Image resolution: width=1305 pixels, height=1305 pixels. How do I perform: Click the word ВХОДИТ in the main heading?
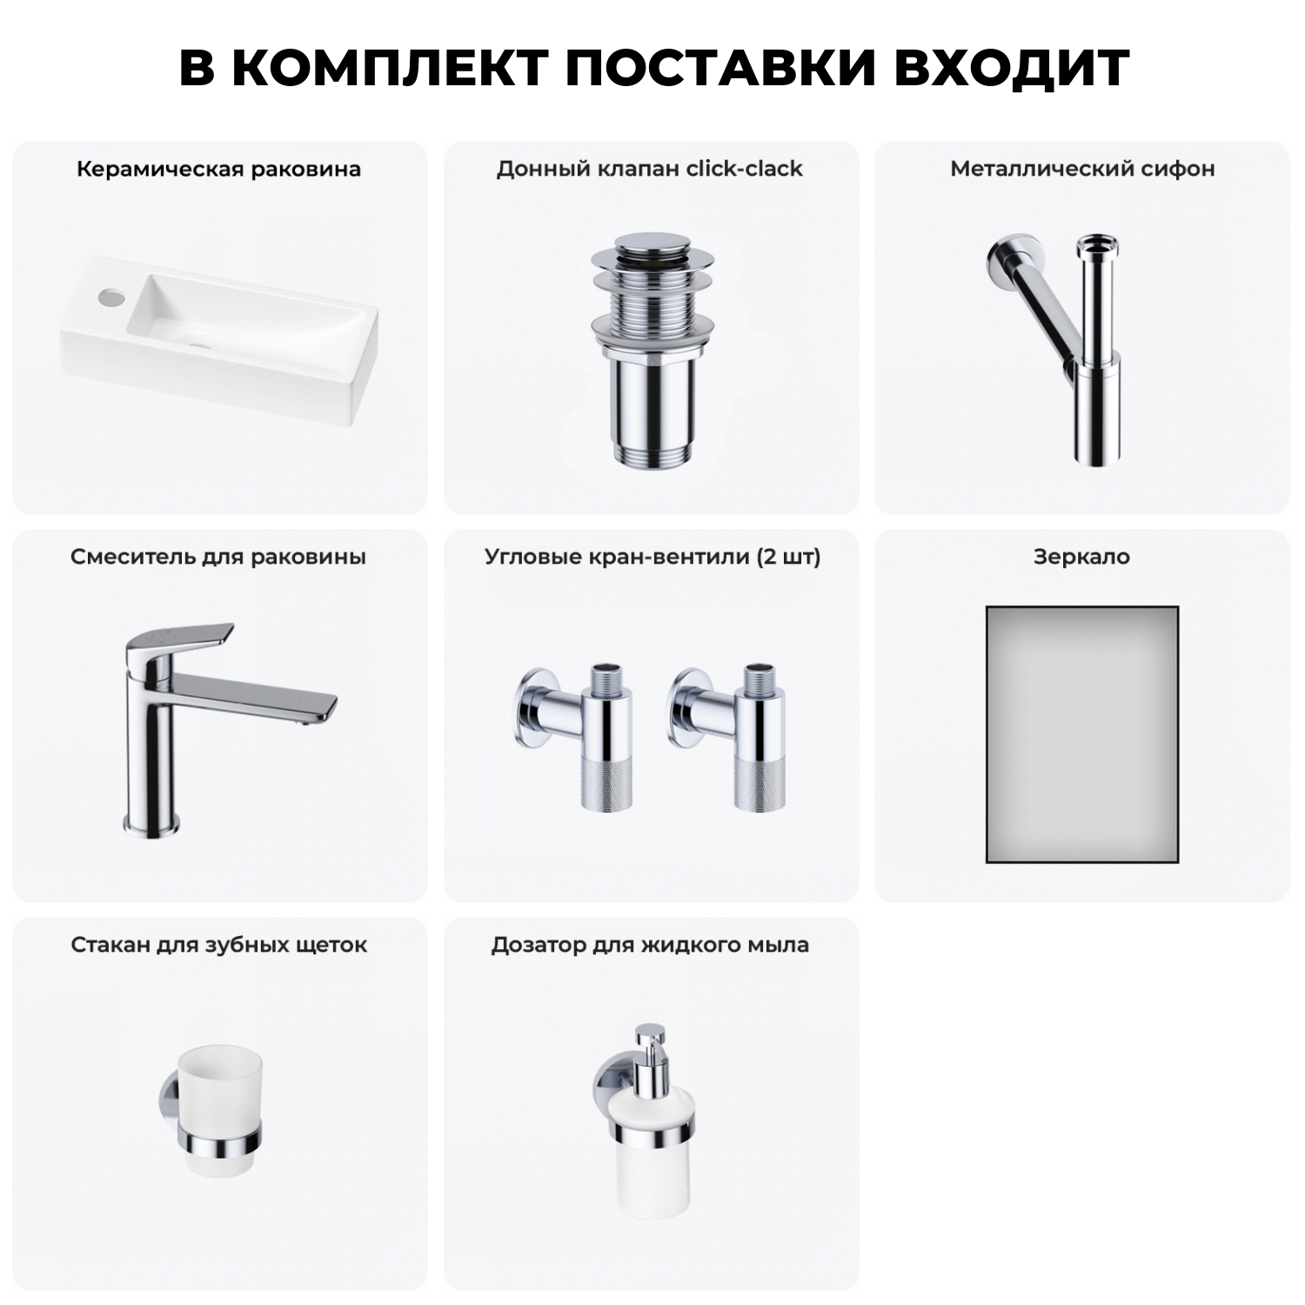click(1011, 68)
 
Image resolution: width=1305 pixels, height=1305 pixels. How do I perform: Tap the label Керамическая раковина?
click(218, 169)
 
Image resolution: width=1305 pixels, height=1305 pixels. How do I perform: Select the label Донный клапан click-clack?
click(649, 169)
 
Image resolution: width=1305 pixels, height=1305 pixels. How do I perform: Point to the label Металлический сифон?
click(1082, 169)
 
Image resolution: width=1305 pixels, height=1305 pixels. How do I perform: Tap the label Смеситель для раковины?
click(218, 557)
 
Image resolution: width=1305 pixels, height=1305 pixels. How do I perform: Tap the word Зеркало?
click(1081, 557)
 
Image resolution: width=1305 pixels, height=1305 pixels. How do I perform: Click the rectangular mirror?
click(1082, 733)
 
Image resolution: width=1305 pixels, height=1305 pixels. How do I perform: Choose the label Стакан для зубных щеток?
click(218, 945)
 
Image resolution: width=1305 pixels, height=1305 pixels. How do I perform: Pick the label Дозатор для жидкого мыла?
click(649, 945)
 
